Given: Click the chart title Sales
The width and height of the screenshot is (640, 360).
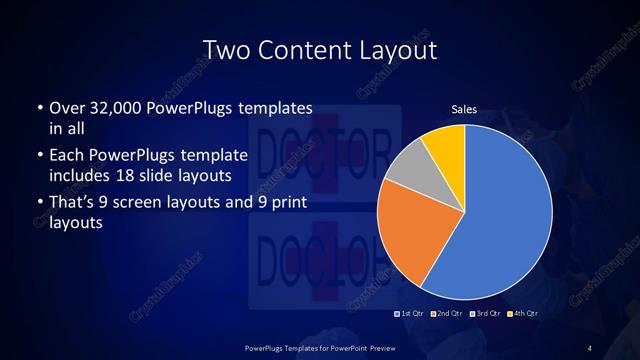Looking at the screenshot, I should pyautogui.click(x=463, y=109).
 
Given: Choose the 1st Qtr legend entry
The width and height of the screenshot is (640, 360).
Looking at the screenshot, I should pyautogui.click(x=411, y=315).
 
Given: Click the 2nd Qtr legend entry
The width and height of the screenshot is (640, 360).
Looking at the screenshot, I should pyautogui.click(x=447, y=315).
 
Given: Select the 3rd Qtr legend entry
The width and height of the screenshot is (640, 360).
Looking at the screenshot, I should pyautogui.click(x=484, y=315).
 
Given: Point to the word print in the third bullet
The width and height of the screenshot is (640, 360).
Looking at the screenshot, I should pyautogui.click(x=291, y=204).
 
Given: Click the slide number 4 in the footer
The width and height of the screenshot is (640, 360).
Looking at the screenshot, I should pyautogui.click(x=590, y=347).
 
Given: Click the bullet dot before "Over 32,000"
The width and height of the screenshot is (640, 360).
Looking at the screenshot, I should pyautogui.click(x=39, y=108).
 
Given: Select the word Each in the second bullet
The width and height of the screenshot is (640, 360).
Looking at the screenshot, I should pyautogui.click(x=67, y=156).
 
